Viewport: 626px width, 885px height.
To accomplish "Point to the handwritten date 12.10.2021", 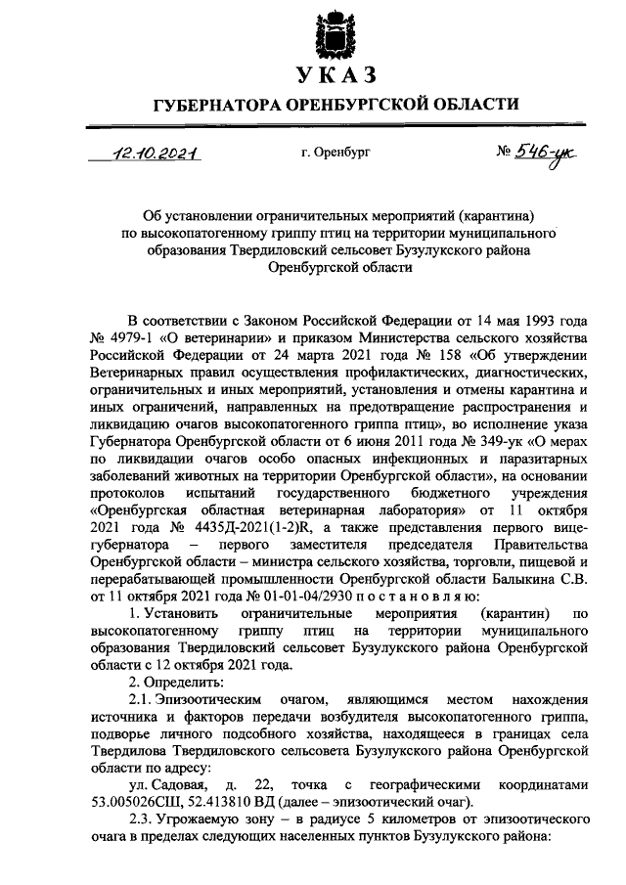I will tap(156, 154).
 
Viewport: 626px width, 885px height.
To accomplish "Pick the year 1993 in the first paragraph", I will tap(537, 320).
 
